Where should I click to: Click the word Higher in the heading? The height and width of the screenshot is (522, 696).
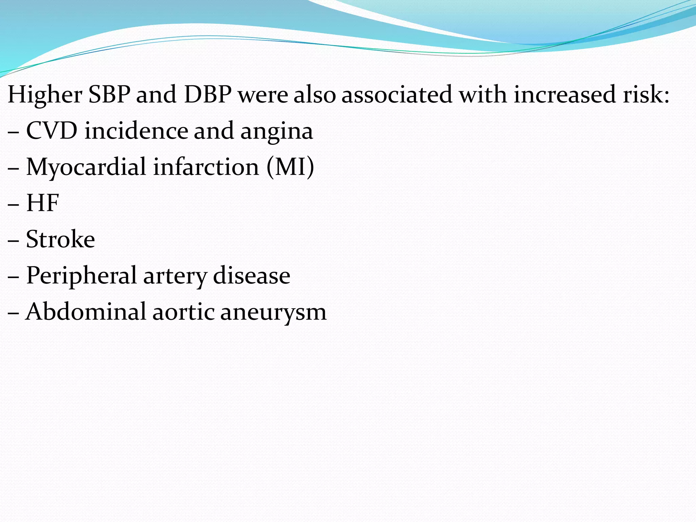point(45,94)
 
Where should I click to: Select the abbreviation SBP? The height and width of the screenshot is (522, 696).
point(109,94)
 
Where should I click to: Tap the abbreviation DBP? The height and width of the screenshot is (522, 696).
point(208,94)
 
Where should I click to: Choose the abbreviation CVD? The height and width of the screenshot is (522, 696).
point(52,131)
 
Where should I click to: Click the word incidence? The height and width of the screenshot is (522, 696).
point(136,131)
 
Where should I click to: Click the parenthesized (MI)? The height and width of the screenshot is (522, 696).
point(290,167)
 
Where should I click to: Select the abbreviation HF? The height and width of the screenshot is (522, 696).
point(43,203)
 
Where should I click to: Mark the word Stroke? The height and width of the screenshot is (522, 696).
point(60,239)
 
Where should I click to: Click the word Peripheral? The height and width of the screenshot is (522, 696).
point(81,276)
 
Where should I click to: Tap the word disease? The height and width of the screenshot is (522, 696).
point(251,275)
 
